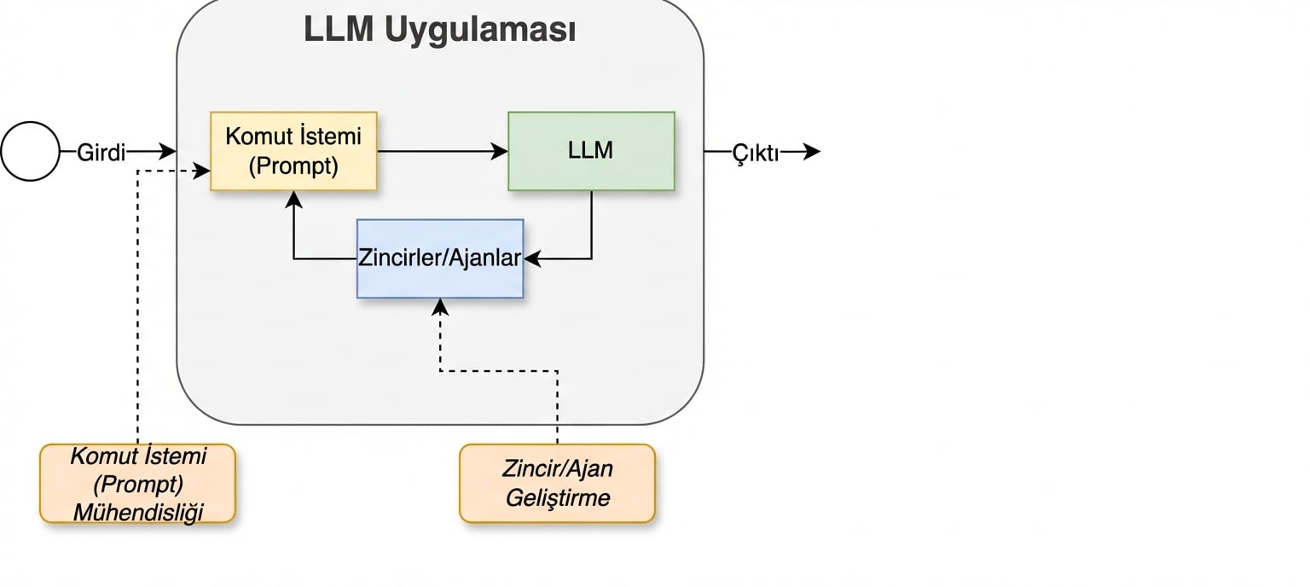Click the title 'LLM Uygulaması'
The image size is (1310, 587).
[439, 30]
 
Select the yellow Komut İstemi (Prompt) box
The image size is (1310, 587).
[293, 151]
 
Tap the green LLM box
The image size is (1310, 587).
[591, 151]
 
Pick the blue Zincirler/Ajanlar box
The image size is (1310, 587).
[439, 259]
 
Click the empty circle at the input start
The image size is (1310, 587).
[30, 152]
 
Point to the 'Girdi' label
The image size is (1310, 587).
[101, 153]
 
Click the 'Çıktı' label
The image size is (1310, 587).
[756, 153]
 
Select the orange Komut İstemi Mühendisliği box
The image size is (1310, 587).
[137, 483]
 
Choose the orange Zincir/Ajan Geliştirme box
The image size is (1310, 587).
[557, 483]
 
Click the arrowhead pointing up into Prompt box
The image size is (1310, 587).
[293, 199]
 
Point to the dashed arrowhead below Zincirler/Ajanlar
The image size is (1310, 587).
[440, 306]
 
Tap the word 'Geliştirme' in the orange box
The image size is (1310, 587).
[557, 497]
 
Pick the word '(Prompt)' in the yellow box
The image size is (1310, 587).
[293, 166]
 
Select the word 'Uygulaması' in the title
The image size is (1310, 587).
[479, 30]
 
